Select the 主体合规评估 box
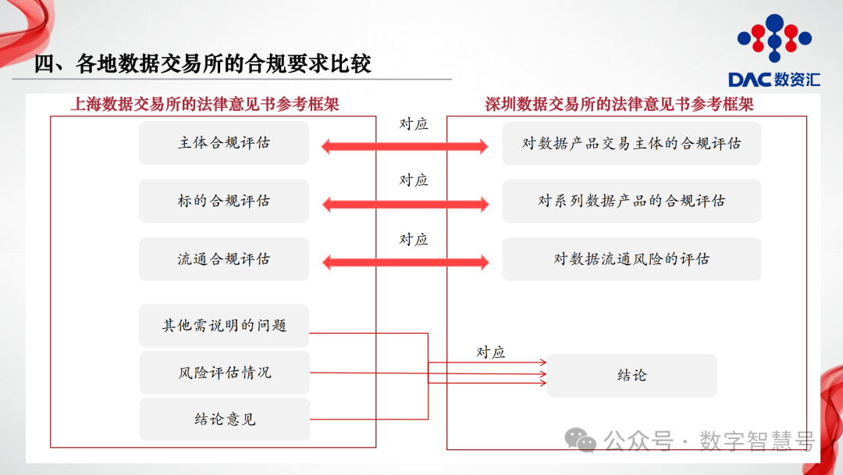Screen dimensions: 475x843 click(224, 143)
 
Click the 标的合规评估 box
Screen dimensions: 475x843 click(224, 201)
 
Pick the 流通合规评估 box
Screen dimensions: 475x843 click(224, 259)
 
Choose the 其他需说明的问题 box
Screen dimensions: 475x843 click(224, 325)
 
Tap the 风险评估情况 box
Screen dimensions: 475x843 click(224, 373)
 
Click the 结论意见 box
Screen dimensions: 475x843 click(224, 420)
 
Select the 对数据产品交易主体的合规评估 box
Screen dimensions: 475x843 click(631, 143)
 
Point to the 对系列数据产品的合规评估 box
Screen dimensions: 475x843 click(631, 201)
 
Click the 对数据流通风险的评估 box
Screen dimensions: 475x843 click(631, 259)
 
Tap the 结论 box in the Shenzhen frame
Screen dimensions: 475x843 click(631, 375)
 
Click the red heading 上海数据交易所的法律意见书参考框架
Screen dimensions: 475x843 click(205, 104)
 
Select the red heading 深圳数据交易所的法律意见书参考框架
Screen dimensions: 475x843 click(619, 104)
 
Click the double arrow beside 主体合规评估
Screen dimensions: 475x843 click(405, 145)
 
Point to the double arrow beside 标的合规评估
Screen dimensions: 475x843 click(405, 204)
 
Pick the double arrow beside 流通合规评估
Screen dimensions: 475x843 click(405, 262)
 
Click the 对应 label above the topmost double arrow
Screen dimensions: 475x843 click(414, 123)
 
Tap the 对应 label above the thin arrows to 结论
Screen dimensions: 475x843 click(491, 352)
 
